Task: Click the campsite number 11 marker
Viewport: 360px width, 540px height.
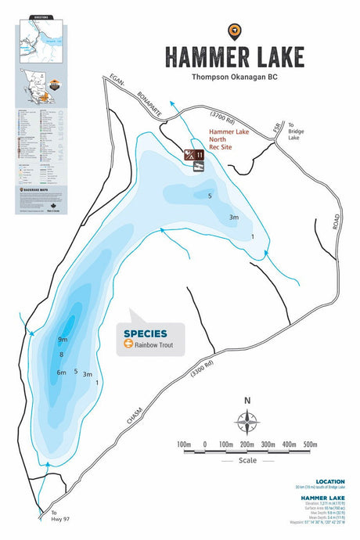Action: click(200, 155)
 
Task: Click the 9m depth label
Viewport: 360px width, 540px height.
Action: click(63, 340)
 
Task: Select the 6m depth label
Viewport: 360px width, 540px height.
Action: click(61, 373)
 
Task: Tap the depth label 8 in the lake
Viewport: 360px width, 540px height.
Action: click(61, 356)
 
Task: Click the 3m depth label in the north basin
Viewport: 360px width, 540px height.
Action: click(233, 217)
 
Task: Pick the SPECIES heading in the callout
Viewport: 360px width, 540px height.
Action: click(145, 333)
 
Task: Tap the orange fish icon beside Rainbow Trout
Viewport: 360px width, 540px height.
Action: click(128, 344)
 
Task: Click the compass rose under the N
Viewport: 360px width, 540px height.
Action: click(247, 423)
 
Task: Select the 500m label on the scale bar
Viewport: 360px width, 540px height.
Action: click(310, 445)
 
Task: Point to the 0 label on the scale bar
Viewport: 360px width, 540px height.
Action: click(204, 445)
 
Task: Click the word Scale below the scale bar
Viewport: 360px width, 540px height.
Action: click(247, 460)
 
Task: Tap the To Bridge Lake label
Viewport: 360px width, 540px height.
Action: click(295, 131)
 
